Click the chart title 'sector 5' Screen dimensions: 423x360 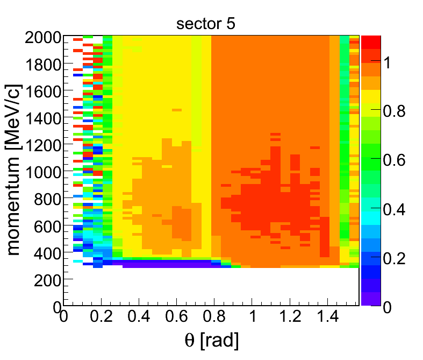click(x=205, y=24)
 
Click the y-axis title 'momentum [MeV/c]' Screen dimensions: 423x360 click(x=13, y=170)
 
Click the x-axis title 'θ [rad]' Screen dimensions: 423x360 click(x=212, y=340)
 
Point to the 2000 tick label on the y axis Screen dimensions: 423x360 click(x=43, y=37)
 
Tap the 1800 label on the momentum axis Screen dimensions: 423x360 click(x=43, y=65)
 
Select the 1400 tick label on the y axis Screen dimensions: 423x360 click(x=43, y=118)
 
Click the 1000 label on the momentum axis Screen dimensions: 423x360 click(x=43, y=172)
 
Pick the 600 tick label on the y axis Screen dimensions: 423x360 click(x=47, y=227)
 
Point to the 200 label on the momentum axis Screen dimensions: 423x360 click(x=47, y=280)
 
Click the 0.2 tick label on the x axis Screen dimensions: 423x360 click(x=101, y=316)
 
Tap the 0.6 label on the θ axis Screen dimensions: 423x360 click(x=176, y=316)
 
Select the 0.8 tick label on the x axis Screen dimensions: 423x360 click(x=214, y=316)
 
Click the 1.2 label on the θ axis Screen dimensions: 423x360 click(x=290, y=316)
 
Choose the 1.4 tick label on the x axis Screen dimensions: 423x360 click(x=327, y=316)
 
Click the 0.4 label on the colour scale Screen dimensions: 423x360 click(x=394, y=209)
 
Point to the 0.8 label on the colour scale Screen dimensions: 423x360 click(x=394, y=111)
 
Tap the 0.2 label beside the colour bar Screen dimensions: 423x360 click(x=394, y=259)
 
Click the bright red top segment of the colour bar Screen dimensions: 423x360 click(x=371, y=42)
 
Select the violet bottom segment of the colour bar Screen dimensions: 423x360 click(x=371, y=299)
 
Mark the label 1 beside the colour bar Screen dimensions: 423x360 click(x=388, y=62)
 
